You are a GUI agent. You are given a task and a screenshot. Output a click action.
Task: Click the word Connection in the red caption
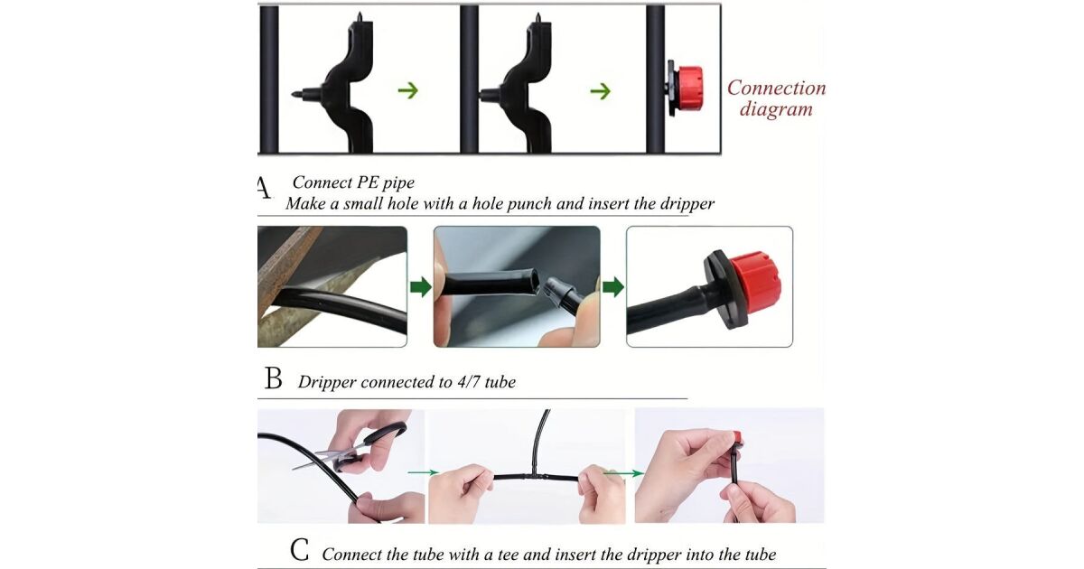click(x=776, y=89)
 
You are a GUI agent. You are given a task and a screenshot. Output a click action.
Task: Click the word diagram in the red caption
click(x=776, y=109)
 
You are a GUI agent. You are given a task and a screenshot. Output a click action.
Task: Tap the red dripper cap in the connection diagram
click(x=689, y=89)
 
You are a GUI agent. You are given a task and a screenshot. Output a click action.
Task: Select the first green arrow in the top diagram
click(x=408, y=90)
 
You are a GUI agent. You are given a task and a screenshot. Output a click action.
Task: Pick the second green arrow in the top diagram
click(x=601, y=90)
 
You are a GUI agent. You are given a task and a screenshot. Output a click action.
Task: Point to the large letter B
click(x=274, y=378)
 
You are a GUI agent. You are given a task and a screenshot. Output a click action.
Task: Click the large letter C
click(x=300, y=550)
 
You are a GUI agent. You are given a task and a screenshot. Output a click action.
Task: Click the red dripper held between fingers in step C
click(x=735, y=437)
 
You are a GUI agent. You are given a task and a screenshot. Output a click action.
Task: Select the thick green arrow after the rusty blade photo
click(x=421, y=287)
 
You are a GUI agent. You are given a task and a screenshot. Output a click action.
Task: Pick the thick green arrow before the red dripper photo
click(x=613, y=287)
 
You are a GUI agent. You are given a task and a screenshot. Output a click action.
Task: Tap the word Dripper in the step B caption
click(x=327, y=382)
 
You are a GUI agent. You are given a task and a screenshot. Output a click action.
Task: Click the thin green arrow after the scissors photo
click(x=423, y=472)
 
